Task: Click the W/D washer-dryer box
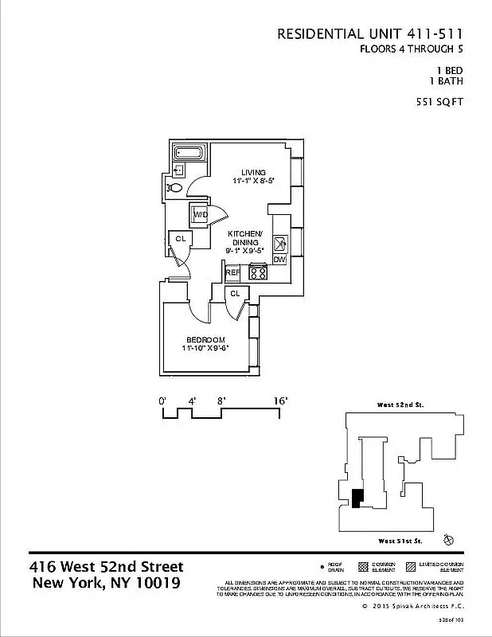tap(200, 214)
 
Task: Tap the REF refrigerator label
tap(232, 272)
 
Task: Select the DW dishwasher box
tap(279, 259)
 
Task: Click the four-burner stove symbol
tap(258, 272)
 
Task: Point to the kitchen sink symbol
tap(279, 243)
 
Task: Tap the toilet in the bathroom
tap(177, 187)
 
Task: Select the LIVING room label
tap(253, 172)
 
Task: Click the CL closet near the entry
tap(181, 238)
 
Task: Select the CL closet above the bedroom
tap(235, 294)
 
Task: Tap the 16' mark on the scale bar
tap(281, 401)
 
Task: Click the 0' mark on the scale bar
tap(162, 401)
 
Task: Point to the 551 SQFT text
tap(439, 101)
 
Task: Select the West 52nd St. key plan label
tap(399, 404)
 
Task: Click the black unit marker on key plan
tap(358, 497)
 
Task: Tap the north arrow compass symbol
tap(449, 540)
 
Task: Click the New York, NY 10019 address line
tap(106, 583)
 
